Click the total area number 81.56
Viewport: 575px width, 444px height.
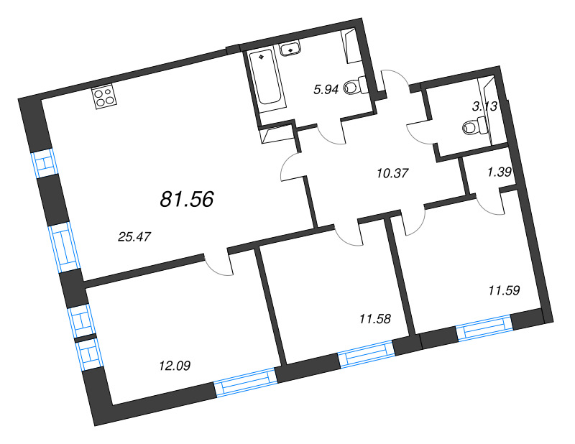[187, 200]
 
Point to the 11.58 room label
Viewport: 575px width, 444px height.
[373, 317]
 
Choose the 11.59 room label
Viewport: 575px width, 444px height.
[503, 290]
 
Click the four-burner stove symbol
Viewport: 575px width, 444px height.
[104, 97]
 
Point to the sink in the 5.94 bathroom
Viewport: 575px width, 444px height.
[291, 50]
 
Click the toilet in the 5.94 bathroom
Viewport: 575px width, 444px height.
[354, 87]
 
